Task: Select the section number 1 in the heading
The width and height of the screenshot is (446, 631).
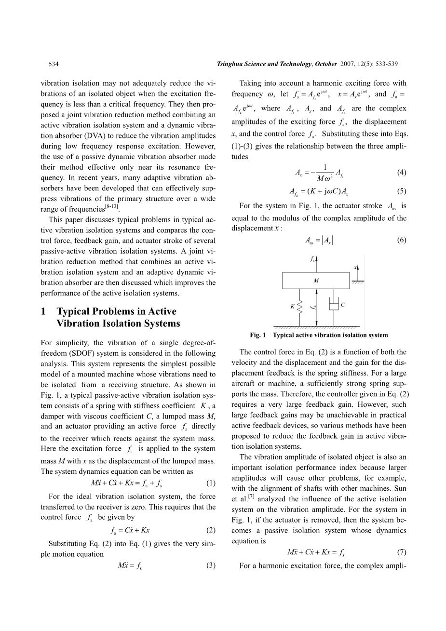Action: [x=44, y=311]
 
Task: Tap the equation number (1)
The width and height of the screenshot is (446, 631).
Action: [x=210, y=483]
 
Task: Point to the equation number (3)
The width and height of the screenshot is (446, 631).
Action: [x=210, y=565]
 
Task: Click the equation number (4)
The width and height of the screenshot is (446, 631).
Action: [x=401, y=172]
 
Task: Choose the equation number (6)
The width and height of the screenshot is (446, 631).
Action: [x=401, y=240]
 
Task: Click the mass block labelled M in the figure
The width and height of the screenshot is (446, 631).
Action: [x=316, y=281]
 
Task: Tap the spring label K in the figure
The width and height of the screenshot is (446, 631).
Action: [x=292, y=306]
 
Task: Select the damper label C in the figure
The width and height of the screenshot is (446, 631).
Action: [x=343, y=305]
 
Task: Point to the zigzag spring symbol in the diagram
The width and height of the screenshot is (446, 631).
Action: [x=300, y=306]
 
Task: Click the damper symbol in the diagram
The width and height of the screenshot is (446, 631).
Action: [x=333, y=305]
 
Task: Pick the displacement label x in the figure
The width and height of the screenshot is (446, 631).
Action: [x=355, y=267]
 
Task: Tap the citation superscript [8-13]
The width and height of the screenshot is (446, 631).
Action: [x=112, y=207]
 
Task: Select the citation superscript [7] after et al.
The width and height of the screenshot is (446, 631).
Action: [x=252, y=497]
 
